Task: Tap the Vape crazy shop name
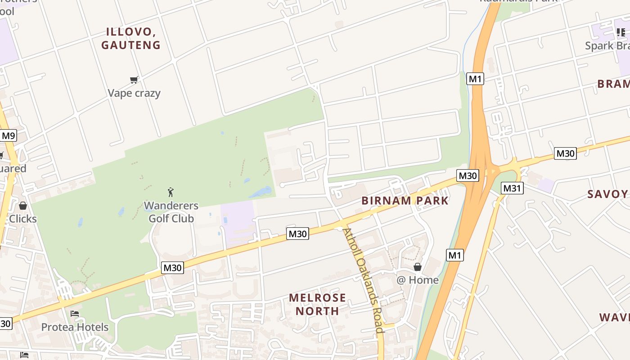point(134,93)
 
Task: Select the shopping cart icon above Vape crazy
point(134,80)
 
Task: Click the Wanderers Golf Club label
point(171,212)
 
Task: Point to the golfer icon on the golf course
point(171,193)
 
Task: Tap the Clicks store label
point(23,219)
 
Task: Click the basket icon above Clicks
point(23,206)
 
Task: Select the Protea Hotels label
point(75,327)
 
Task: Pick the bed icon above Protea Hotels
point(75,313)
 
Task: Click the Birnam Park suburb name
point(405,201)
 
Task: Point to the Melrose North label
point(317,304)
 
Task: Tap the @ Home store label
point(417,280)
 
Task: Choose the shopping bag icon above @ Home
point(418,267)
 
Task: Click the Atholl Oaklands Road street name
point(364,280)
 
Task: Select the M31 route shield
point(512,188)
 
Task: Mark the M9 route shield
point(8,135)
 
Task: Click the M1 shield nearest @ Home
point(454,256)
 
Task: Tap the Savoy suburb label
point(607,194)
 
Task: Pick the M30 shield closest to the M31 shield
point(468,175)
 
